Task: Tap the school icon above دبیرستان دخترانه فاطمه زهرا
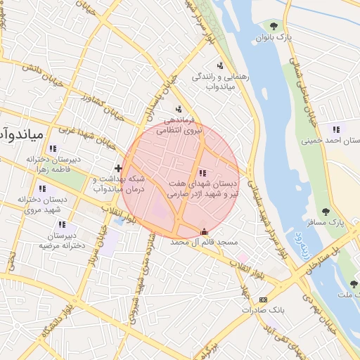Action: click(x=53, y=148)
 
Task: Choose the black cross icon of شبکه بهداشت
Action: click(x=118, y=168)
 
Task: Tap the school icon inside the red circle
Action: click(x=203, y=173)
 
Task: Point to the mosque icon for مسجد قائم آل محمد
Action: click(x=205, y=231)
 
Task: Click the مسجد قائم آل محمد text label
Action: click(x=205, y=242)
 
